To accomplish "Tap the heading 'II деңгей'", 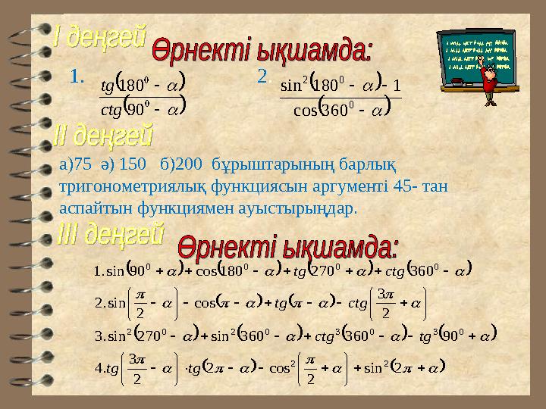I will coord(104,136).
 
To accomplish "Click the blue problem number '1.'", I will coord(76,76).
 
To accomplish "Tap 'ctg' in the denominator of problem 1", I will coord(111,109).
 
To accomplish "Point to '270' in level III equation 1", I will coord(329,268).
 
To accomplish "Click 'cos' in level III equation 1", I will coord(206,268).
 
